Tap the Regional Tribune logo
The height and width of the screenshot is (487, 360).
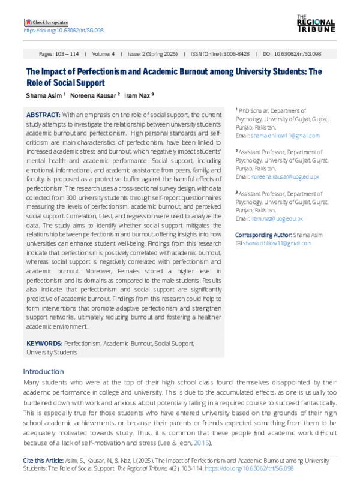(316, 23)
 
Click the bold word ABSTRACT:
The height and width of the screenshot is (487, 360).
(43, 114)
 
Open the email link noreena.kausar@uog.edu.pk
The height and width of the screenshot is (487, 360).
(285, 178)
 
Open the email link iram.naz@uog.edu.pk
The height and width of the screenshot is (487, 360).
(277, 220)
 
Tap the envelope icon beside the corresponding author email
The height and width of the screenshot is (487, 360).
(238, 243)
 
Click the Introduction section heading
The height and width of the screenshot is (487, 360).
(43, 371)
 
